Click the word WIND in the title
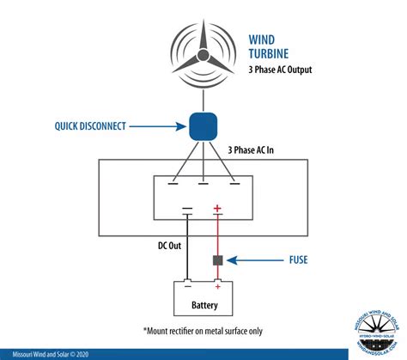click(264, 39)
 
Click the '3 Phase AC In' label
click(258, 149)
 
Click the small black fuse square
click(218, 259)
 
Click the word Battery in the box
click(203, 303)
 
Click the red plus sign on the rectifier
click(218, 208)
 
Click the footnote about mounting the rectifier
click(203, 329)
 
